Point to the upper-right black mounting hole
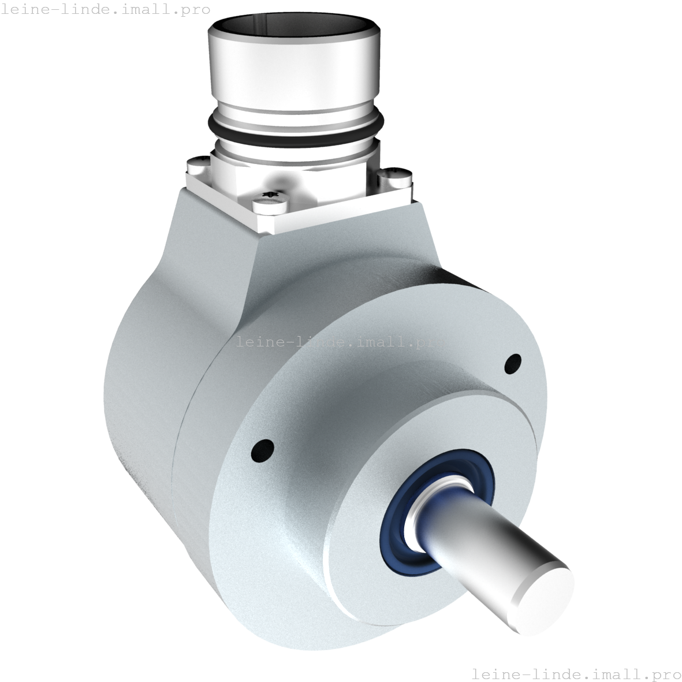(512, 364)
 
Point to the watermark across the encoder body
(341, 342)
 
